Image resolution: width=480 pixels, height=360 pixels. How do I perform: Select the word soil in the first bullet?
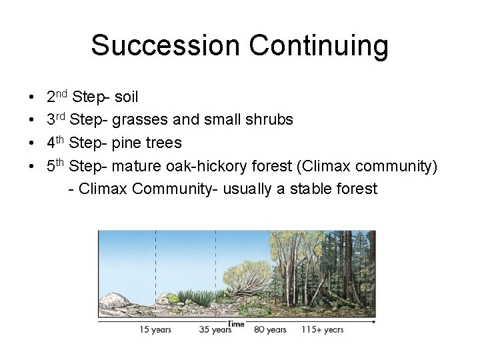(127, 97)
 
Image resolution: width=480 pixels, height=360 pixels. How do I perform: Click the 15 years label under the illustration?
(155, 329)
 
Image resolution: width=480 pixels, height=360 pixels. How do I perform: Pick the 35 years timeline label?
(215, 329)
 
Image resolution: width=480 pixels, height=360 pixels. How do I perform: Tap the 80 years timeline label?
(270, 329)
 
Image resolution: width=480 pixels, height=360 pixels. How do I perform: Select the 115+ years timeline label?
(323, 329)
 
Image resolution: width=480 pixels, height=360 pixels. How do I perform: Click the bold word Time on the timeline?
(236, 324)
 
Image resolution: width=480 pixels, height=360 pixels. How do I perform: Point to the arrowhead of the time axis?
(373, 322)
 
